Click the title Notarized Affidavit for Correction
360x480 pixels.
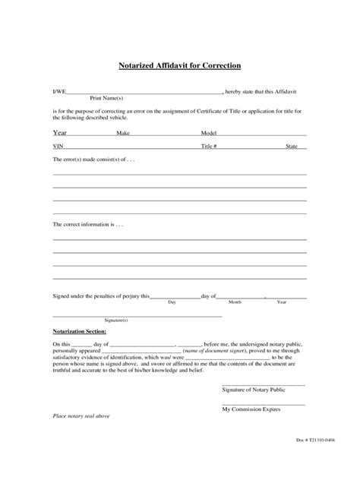[179, 65]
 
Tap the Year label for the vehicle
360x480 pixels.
[59, 132]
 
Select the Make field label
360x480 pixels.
[123, 133]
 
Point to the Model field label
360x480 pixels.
[209, 133]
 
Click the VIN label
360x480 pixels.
[58, 146]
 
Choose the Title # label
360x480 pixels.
[210, 146]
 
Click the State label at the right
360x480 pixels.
[292, 146]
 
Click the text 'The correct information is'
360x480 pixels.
[87, 226]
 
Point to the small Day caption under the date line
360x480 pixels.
[172, 302]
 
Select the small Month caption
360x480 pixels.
[235, 302]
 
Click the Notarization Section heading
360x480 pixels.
[79, 332]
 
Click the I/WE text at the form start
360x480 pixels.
[59, 91]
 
